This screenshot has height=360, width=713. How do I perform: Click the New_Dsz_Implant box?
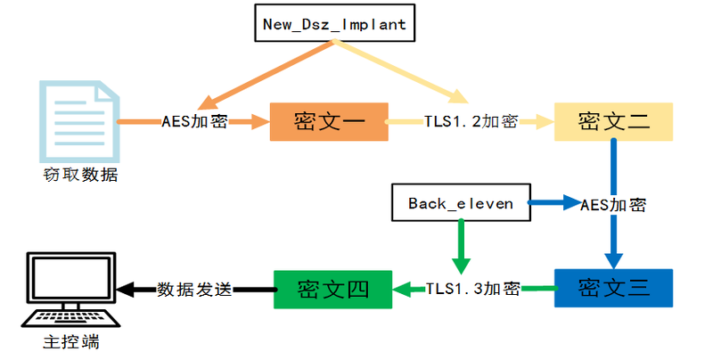[x=334, y=24]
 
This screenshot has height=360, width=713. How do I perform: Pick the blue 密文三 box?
[x=613, y=288]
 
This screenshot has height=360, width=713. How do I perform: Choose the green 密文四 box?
[x=332, y=288]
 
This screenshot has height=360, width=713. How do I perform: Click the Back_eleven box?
[x=461, y=203]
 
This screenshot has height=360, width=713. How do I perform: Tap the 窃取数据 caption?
[x=79, y=175]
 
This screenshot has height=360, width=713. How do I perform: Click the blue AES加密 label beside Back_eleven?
[x=613, y=204]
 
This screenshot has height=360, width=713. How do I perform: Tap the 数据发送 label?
[x=194, y=289]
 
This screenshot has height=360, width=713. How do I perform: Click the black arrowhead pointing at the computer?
[x=125, y=289]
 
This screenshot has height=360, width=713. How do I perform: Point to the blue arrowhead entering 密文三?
[x=613, y=259]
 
